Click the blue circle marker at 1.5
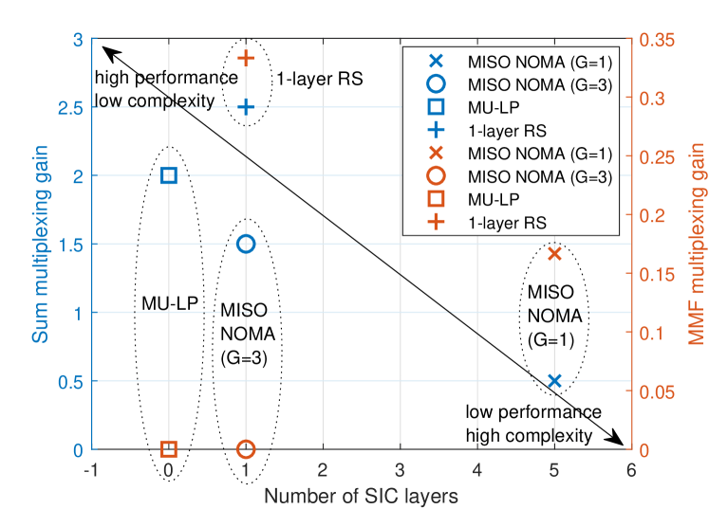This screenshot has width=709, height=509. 246,244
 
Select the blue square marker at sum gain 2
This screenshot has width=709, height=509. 169,175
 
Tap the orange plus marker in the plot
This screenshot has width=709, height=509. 246,58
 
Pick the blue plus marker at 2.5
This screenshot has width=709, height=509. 246,107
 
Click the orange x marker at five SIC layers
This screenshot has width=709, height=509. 555,253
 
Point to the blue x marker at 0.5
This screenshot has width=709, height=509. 555,381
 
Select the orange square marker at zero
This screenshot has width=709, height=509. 169,448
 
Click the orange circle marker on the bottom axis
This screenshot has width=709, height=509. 246,448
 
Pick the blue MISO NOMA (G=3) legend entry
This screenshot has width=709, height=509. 532,83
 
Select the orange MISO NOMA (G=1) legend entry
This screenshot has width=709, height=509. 532,152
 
